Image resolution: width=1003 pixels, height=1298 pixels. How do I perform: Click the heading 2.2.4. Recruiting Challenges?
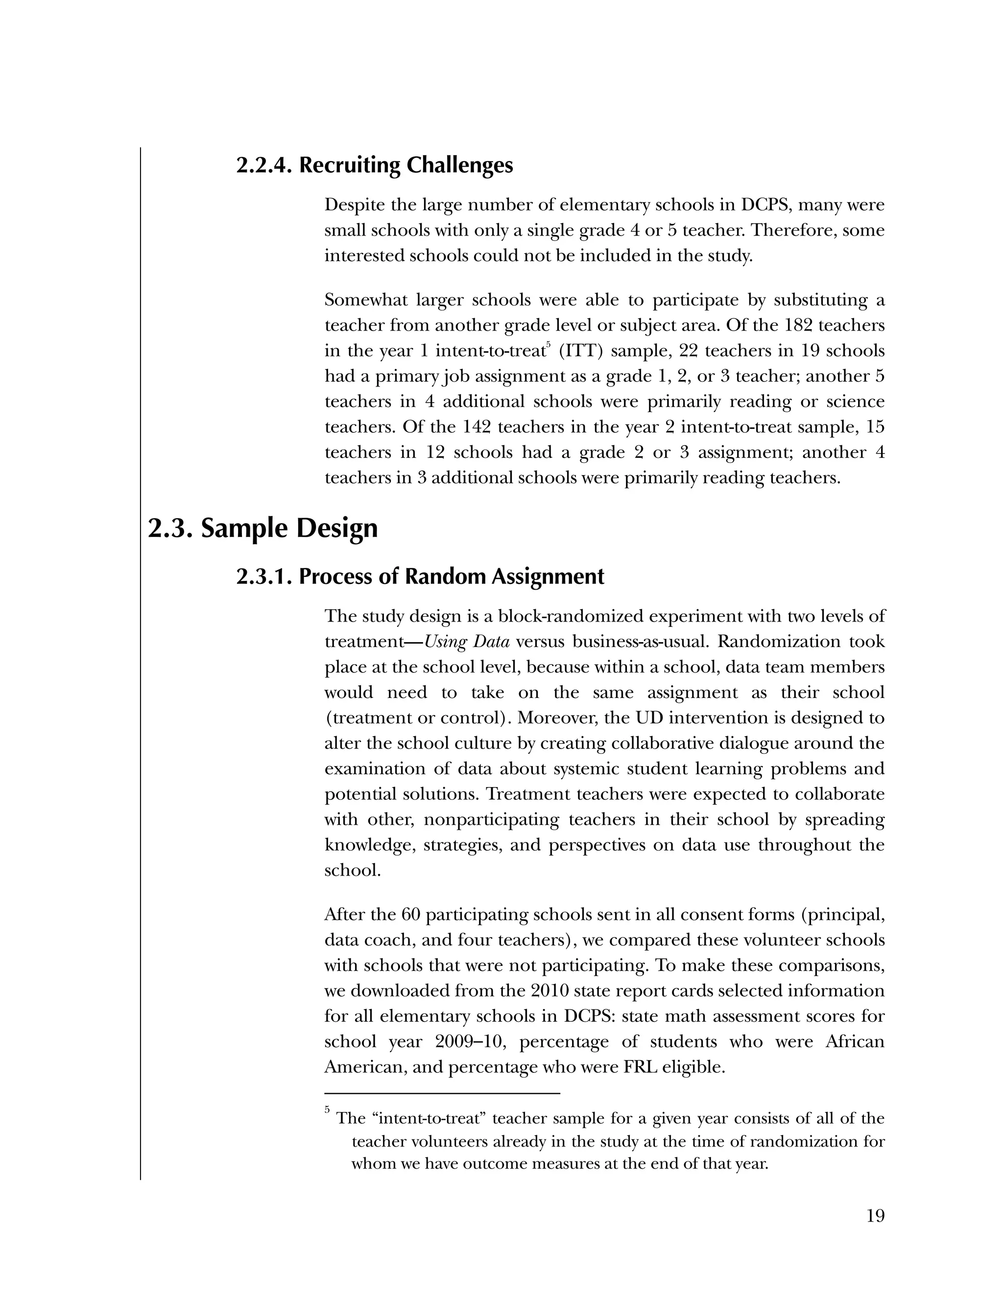click(374, 165)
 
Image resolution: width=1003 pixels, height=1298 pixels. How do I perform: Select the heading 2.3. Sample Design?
click(262, 529)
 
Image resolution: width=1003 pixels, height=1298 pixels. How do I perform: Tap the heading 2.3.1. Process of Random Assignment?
click(420, 577)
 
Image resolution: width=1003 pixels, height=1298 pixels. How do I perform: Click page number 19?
click(875, 1216)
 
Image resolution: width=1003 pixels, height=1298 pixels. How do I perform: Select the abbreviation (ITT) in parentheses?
click(580, 351)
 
